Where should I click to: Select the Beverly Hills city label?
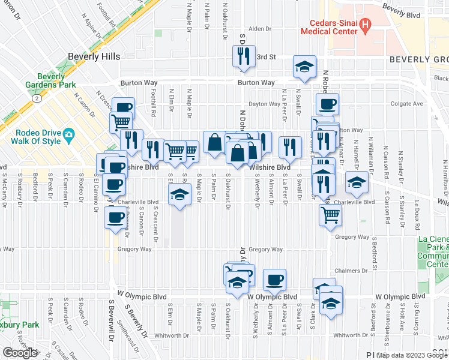point(94,56)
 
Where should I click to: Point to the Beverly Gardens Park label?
point(59,80)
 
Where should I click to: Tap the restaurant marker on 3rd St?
point(244,56)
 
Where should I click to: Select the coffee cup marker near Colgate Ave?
point(328,104)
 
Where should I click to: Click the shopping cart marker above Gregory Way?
point(330,214)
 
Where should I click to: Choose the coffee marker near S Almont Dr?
point(274,279)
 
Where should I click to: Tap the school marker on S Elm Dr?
point(179,195)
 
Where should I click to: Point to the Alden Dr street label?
point(260,29)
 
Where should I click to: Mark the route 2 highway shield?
point(37,97)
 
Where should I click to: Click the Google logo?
point(20,353)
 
